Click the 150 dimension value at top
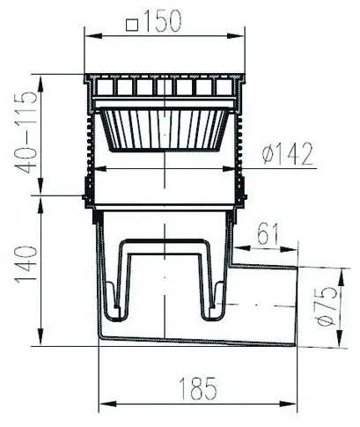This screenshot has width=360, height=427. (x=162, y=21)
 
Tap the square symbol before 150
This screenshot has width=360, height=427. (x=132, y=25)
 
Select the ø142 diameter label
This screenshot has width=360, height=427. (x=287, y=154)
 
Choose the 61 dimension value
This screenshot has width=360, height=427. (x=268, y=234)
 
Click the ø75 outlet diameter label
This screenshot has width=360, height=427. (x=326, y=306)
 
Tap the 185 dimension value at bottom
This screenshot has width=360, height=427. (x=198, y=388)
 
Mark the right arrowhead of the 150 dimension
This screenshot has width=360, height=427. (x=236, y=36)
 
